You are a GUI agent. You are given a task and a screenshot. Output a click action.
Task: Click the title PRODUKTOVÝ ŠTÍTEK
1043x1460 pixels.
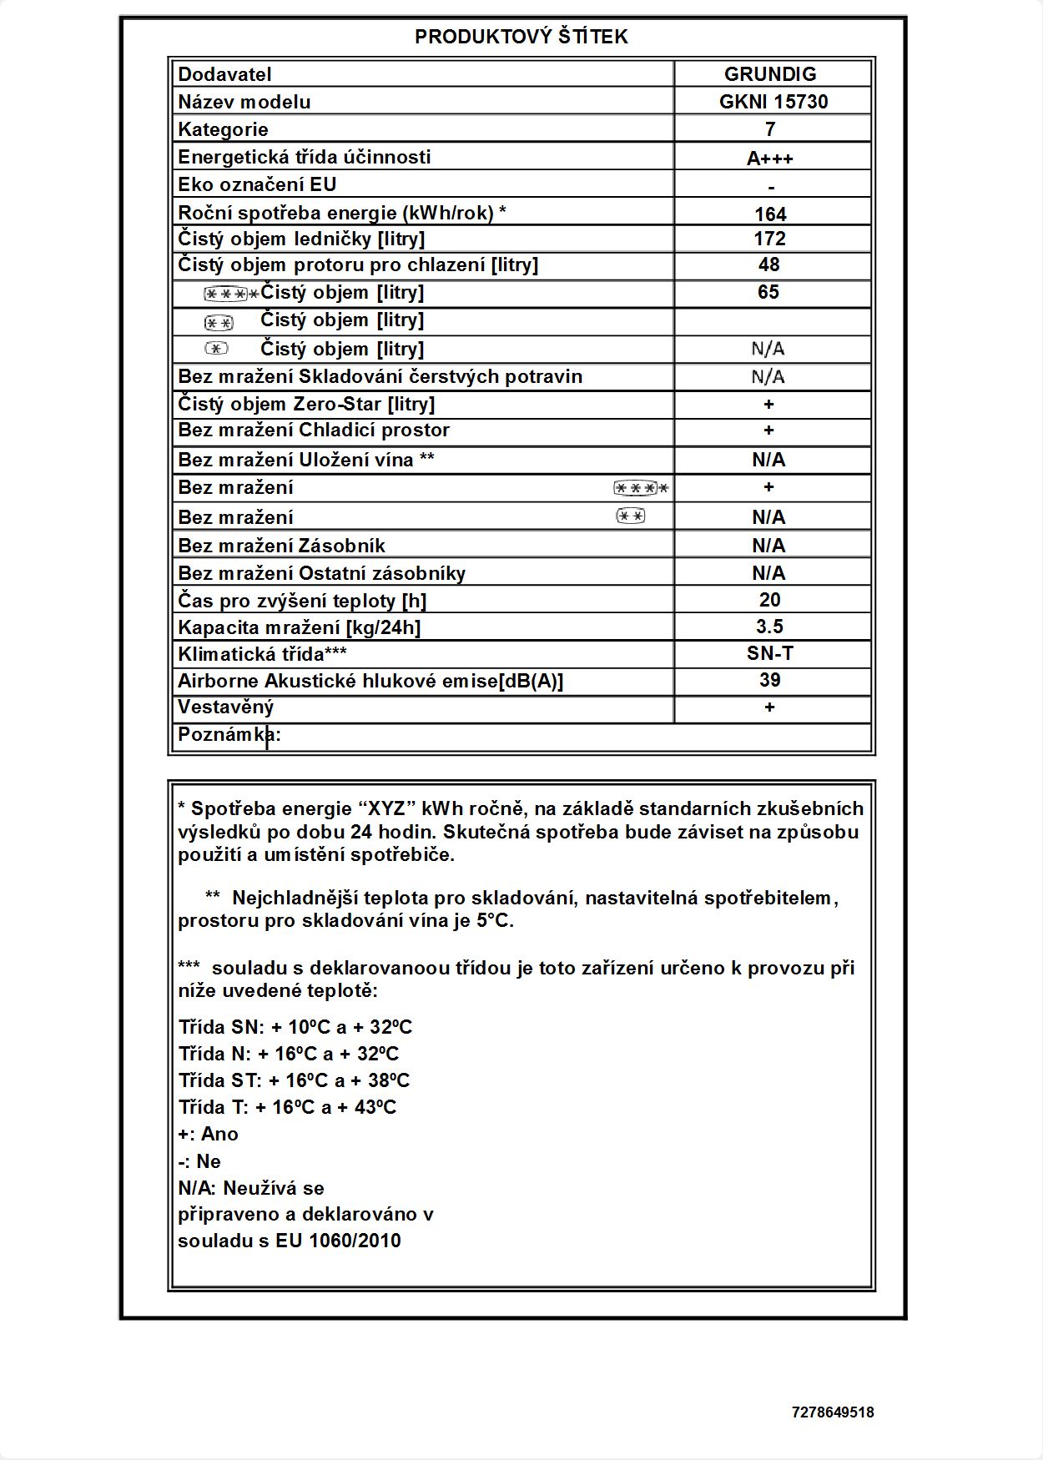tap(521, 37)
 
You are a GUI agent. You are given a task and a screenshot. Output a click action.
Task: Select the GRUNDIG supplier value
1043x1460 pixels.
tap(769, 74)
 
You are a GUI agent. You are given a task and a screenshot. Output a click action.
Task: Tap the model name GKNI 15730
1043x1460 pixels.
tap(773, 102)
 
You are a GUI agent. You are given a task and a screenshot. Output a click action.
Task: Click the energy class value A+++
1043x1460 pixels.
tap(769, 159)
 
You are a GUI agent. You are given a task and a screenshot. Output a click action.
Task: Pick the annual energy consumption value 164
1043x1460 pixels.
tap(770, 214)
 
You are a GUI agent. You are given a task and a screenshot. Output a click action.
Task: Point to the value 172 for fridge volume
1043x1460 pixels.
tap(769, 239)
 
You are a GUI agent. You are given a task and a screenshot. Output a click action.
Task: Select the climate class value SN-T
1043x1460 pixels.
tap(769, 653)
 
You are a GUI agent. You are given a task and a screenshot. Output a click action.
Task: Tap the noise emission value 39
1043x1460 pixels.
tap(769, 680)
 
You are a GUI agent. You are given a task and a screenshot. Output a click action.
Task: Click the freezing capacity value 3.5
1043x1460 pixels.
tap(769, 627)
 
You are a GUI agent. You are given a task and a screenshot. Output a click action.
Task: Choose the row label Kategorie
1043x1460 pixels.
tap(223, 129)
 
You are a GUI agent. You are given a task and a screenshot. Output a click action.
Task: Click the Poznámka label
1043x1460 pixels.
tap(229, 735)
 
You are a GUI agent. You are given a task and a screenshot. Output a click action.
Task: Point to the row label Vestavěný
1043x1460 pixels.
tap(225, 707)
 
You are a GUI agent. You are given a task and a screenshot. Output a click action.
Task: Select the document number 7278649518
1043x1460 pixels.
tap(832, 1412)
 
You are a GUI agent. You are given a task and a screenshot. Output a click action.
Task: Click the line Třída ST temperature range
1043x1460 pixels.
tap(294, 1080)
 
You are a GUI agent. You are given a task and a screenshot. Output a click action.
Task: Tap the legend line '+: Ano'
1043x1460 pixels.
tap(208, 1134)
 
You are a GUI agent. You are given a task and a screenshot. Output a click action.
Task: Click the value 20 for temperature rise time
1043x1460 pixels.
tap(769, 600)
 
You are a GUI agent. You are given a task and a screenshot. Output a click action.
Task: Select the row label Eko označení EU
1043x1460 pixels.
tap(257, 184)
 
